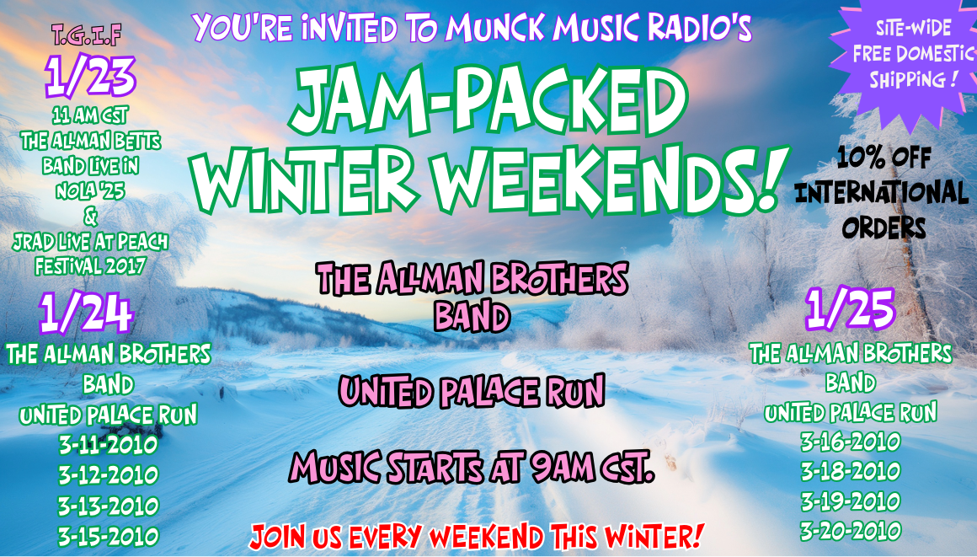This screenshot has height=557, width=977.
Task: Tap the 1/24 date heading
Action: [87, 313]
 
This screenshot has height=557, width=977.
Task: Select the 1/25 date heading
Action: [850, 308]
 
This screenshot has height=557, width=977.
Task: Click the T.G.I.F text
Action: [87, 35]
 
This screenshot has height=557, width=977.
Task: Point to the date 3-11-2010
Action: [109, 445]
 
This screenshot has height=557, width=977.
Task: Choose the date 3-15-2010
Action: [109, 537]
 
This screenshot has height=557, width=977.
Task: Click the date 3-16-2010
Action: [851, 442]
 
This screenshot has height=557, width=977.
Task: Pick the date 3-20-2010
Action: [851, 531]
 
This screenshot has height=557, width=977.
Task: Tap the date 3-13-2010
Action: [109, 506]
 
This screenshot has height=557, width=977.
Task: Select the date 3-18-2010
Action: [851, 471]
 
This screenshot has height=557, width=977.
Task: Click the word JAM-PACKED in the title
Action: [488, 99]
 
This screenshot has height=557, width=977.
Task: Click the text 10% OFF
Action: [884, 158]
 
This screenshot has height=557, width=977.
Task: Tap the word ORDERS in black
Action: [884, 228]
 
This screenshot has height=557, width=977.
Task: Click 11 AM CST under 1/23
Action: [90, 115]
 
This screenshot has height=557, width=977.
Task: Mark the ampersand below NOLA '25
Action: [90, 217]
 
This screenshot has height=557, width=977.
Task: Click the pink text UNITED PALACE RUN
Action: [472, 392]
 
